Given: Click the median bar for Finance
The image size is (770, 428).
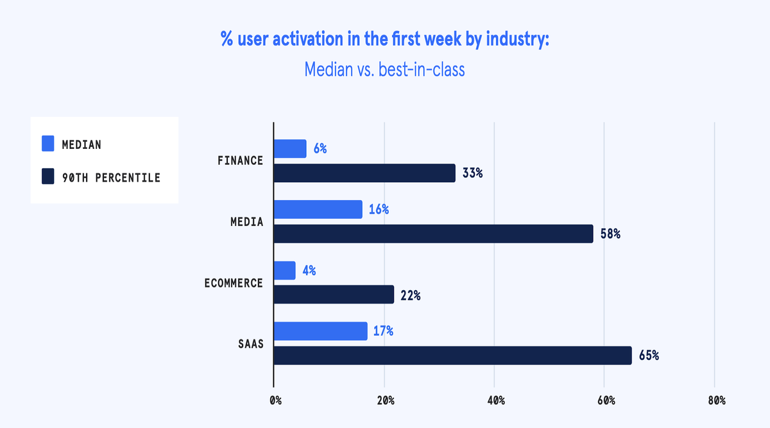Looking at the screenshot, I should (x=290, y=149).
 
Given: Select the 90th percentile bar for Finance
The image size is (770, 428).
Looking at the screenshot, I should (x=364, y=173).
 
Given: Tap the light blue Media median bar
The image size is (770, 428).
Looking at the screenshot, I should (x=318, y=209).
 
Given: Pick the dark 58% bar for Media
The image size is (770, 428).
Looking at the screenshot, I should (x=434, y=234).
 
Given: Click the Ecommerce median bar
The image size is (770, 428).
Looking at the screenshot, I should (x=285, y=270).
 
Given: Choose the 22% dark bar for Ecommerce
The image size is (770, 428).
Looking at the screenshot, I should (x=334, y=295).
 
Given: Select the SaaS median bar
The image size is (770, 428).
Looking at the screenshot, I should (x=321, y=331).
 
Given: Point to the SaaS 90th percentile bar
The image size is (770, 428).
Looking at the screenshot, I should (x=453, y=355).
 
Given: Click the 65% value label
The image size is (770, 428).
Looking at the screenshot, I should (x=648, y=355).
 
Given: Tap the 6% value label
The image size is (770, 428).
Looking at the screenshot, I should (x=320, y=149).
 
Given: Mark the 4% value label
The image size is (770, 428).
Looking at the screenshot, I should (x=309, y=270).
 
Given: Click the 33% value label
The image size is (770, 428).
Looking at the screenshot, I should (x=472, y=173).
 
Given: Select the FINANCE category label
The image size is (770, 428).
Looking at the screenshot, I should (x=240, y=160).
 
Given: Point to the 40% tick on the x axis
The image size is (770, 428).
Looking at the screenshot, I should (x=496, y=400).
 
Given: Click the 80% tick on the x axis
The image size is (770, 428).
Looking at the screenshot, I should (x=716, y=400).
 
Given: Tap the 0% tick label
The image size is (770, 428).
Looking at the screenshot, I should (x=275, y=400).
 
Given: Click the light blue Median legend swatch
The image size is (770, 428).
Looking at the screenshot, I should (x=48, y=144).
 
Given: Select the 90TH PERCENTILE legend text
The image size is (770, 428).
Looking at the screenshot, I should (x=110, y=178).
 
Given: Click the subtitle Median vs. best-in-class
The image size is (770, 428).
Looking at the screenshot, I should (x=384, y=69).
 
